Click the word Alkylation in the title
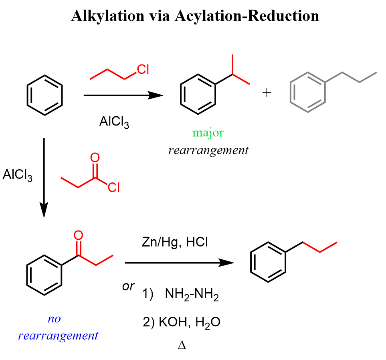[x=108, y=16]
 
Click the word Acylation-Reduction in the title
[x=247, y=16]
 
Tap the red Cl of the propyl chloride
[x=143, y=69]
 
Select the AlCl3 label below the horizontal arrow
[x=114, y=121]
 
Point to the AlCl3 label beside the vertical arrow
[x=18, y=175]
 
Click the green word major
[x=208, y=133]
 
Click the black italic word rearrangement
[x=208, y=150]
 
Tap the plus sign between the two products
[x=267, y=93]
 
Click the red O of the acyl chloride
[x=95, y=157]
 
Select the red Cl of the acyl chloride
[x=114, y=188]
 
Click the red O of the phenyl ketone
[x=78, y=235]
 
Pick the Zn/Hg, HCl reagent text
[x=175, y=242]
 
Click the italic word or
[x=128, y=286]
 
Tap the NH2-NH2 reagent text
[x=192, y=294]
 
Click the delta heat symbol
[x=182, y=345]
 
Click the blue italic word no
[x=54, y=319]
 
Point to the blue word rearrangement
[x=58, y=336]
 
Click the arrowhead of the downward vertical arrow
[x=44, y=210]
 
